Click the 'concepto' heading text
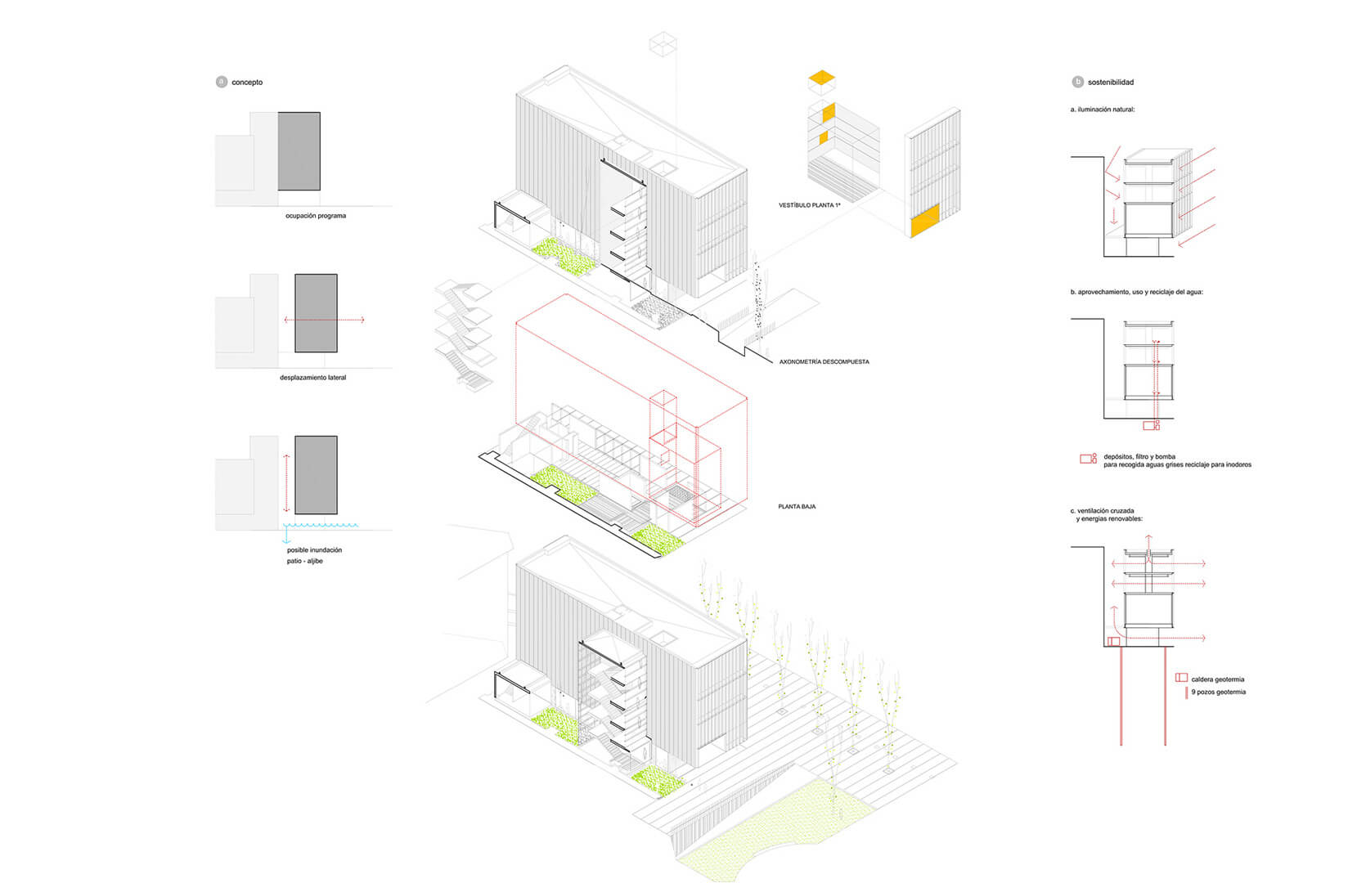tap(247, 83)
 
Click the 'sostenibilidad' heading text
tap(1110, 83)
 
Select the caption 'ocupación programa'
tap(315, 216)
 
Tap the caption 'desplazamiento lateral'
tap(312, 378)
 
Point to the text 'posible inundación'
tap(314, 550)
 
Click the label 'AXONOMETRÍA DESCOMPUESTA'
tap(824, 361)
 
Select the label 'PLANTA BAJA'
tap(796, 507)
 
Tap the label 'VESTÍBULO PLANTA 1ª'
tap(809, 205)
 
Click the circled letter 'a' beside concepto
tap(221, 83)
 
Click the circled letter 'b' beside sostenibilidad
tap(1077, 83)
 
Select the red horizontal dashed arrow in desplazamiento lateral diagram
tap(324, 320)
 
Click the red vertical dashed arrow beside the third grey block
tap(285, 482)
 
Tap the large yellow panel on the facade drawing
tap(924, 222)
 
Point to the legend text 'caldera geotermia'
tap(1217, 679)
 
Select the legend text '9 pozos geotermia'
tap(1218, 693)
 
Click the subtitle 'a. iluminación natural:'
tap(1102, 110)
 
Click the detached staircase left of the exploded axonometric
tap(464, 335)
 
